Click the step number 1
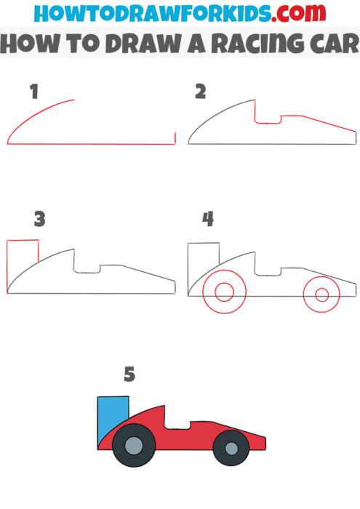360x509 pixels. [33, 92]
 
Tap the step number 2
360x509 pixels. [201, 92]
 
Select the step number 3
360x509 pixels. [39, 217]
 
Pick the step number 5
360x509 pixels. [129, 374]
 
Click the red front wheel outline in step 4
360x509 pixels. [320, 294]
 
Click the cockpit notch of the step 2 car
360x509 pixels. [268, 116]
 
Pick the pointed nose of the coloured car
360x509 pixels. [261, 440]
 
